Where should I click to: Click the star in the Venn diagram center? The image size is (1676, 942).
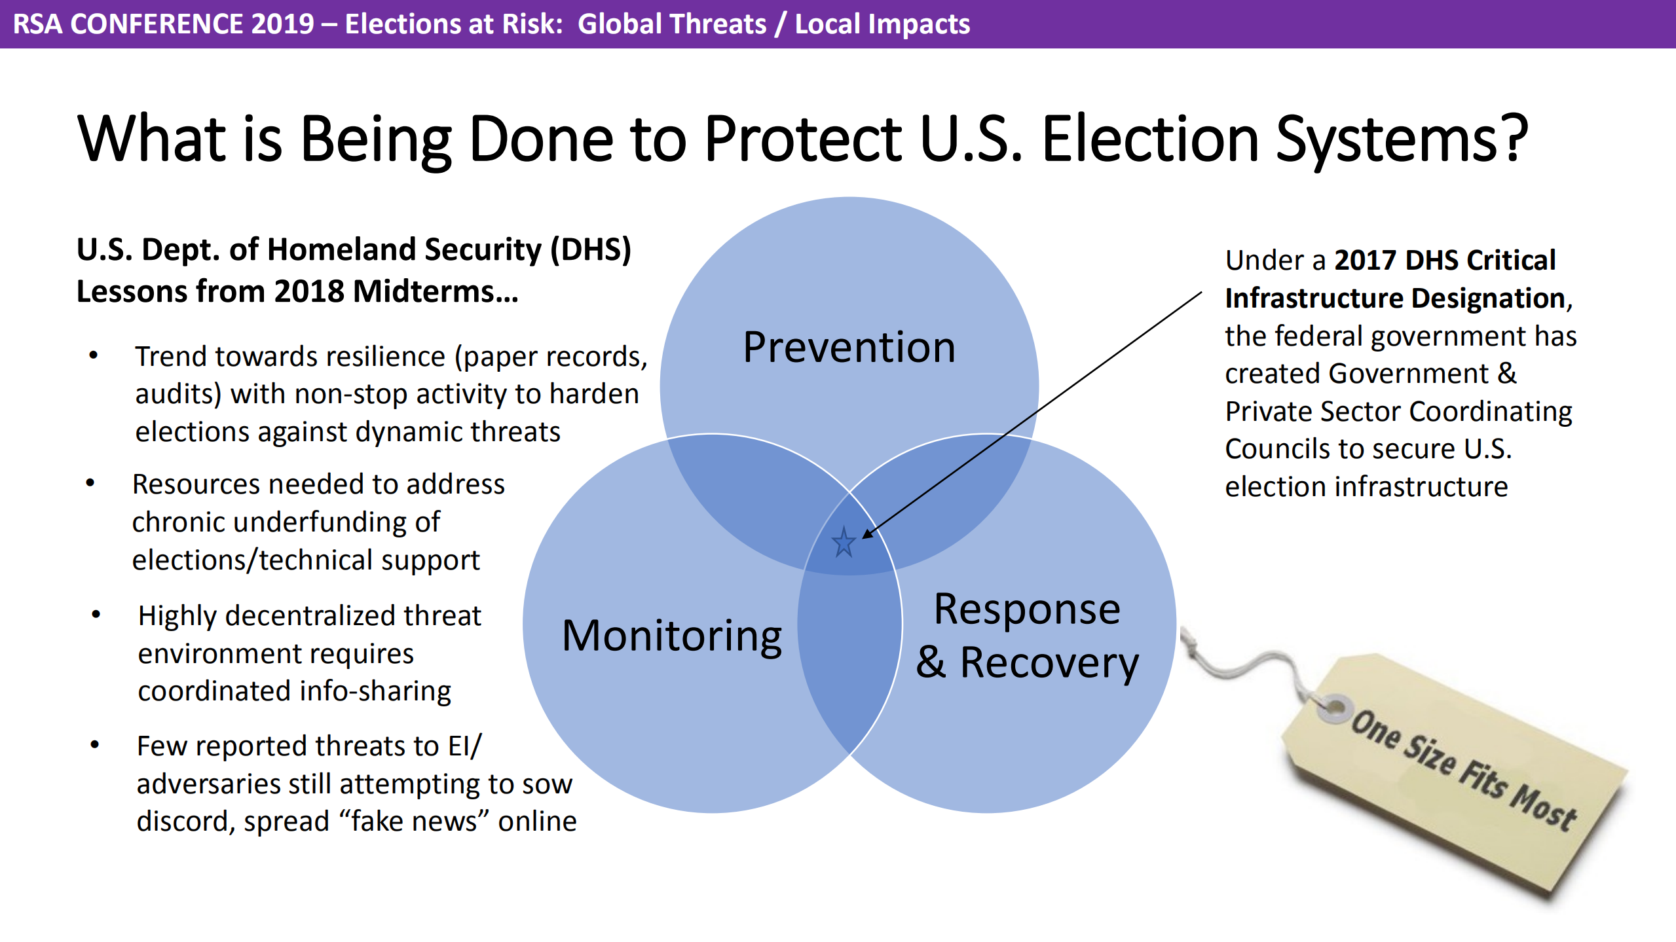844,542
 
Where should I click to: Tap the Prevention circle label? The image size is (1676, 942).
849,347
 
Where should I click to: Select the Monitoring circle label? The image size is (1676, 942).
672,636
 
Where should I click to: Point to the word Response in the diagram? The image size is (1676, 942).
1027,610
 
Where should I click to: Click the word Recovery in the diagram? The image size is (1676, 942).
1049,662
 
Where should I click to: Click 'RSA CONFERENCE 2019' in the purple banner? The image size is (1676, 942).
164,24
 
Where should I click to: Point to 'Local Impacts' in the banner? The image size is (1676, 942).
882,24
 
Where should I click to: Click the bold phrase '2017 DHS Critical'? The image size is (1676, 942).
1444,260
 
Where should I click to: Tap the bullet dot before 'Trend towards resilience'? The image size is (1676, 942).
94,356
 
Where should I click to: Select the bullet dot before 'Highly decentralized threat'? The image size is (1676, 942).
96,615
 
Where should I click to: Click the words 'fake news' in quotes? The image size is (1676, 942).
420,821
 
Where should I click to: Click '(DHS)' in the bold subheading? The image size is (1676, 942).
590,249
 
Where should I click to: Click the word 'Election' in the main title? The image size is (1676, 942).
1149,138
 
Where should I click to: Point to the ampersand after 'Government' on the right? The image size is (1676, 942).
1507,373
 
